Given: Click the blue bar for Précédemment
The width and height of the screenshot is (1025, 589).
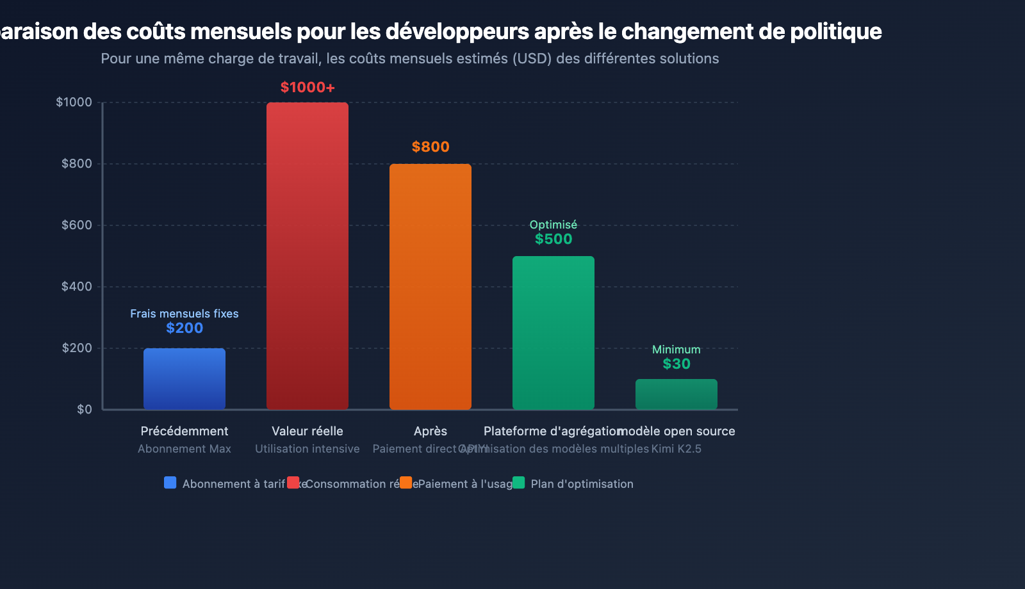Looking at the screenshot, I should [184, 378].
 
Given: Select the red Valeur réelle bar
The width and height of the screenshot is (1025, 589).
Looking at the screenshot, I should [307, 255].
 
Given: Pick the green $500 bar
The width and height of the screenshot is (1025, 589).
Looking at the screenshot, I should [553, 332].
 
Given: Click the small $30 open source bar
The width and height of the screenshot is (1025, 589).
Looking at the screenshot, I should [676, 394].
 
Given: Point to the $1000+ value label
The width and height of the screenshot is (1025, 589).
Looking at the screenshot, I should [307, 87].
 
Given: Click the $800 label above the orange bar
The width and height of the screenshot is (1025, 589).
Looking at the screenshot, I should [430, 147].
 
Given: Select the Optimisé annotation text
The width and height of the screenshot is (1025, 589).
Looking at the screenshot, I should [553, 225].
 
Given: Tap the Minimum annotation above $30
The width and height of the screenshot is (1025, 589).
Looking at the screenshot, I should [676, 350].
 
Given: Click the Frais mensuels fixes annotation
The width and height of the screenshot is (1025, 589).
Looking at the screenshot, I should [184, 314].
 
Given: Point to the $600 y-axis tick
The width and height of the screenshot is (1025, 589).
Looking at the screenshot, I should [77, 225].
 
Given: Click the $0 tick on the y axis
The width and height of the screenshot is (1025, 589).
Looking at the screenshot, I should [85, 409].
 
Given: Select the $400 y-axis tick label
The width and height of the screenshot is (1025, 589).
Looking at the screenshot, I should [77, 286].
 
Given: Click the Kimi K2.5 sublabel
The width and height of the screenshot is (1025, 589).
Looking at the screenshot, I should [676, 449].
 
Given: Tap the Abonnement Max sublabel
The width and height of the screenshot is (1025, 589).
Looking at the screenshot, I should [184, 449].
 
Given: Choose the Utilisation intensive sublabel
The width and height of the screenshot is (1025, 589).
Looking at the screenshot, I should [307, 449].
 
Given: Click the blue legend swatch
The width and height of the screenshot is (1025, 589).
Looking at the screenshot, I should [170, 483].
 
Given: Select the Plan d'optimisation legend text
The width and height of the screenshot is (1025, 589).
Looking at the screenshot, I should [582, 484].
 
